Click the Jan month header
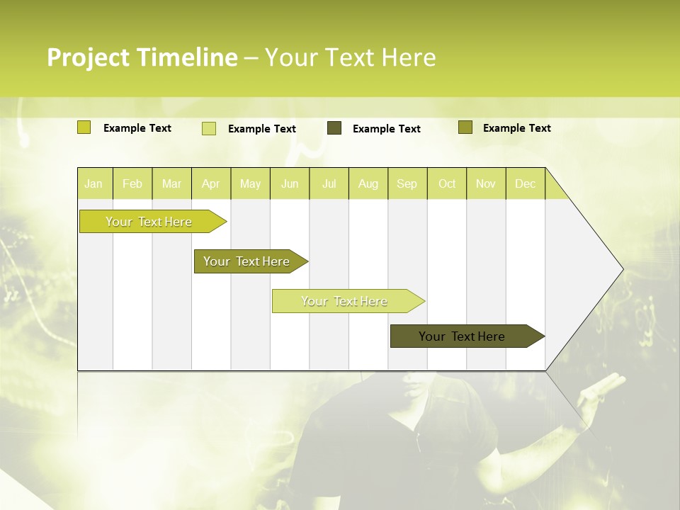(x=93, y=183)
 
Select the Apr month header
(x=210, y=183)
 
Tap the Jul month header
(x=329, y=183)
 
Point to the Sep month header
(x=407, y=183)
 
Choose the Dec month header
(x=525, y=183)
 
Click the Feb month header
(x=132, y=183)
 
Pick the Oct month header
(x=447, y=183)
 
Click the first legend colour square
(x=84, y=127)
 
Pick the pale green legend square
(x=209, y=128)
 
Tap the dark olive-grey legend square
(x=334, y=128)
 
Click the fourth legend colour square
(x=465, y=127)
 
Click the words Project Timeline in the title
(x=142, y=57)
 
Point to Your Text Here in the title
(x=350, y=57)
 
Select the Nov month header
(x=486, y=183)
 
